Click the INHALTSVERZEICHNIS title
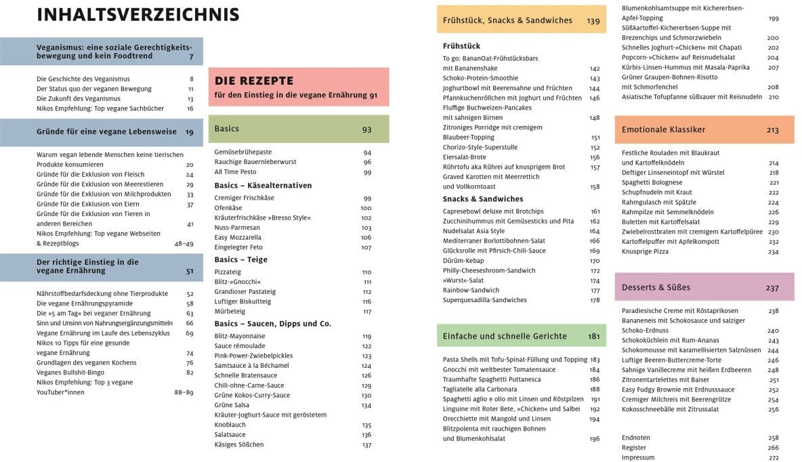[138, 15]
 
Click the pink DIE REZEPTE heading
[254, 81]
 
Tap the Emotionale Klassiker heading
[663, 129]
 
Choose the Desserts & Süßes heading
[656, 287]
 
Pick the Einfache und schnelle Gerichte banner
[505, 336]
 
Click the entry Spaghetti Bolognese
[652, 182]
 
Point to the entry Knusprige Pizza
[645, 251]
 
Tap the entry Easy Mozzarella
[238, 237]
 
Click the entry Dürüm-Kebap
[464, 261]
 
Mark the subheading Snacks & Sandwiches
[483, 199]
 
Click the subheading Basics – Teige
[241, 259]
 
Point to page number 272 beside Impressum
[773, 457]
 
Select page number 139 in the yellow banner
[593, 21]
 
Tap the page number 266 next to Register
[773, 448]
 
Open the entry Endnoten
[635, 438]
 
